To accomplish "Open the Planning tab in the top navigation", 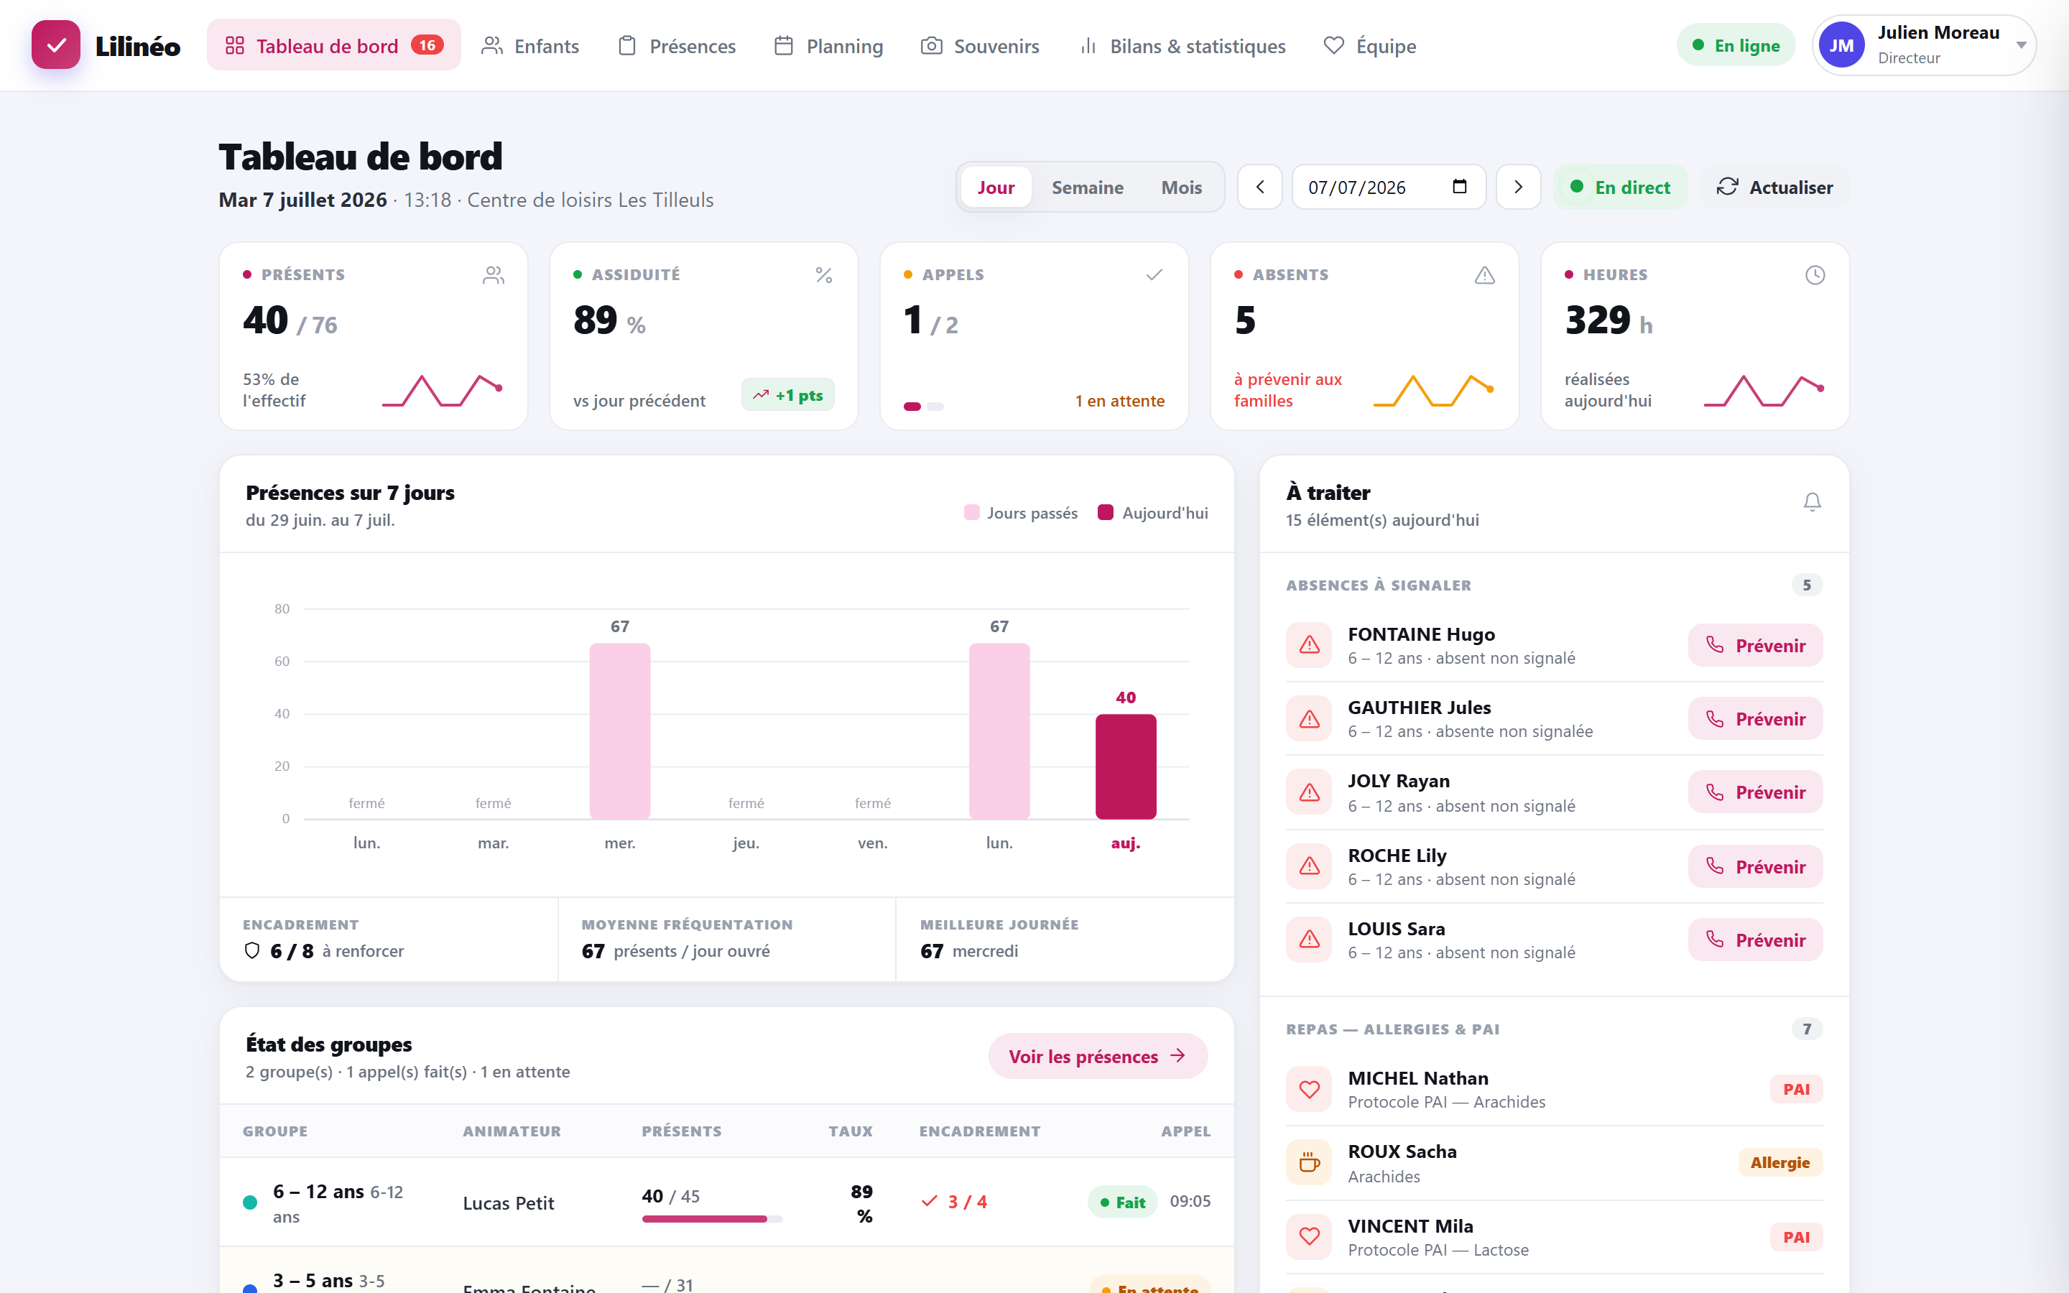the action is [828, 46].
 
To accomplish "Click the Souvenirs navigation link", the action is [980, 46].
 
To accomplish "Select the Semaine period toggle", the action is [1088, 187].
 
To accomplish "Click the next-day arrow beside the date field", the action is [1519, 187].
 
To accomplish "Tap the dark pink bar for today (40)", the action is [1126, 766].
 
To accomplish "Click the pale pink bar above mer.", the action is [620, 731].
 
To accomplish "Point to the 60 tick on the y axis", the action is [282, 661].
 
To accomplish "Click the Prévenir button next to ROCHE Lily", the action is [1755, 867].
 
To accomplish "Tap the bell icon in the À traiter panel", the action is [1812, 502].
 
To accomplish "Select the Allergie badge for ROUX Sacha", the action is [1780, 1162].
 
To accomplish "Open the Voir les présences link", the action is [1098, 1056].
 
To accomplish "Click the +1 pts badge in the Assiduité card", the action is [788, 395].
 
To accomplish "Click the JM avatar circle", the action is [1841, 46].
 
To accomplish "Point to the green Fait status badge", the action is [1123, 1202].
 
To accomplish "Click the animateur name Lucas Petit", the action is [509, 1203].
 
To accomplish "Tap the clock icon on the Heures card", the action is [1815, 275].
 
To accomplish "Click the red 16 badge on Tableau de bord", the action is [427, 45].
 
